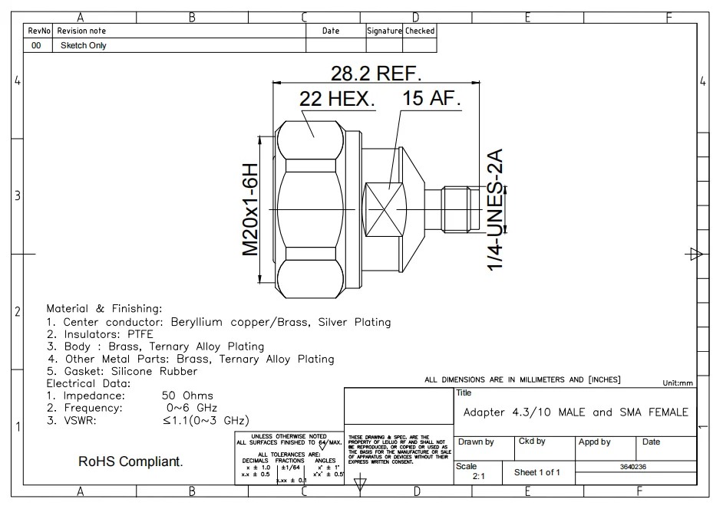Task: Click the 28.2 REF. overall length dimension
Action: coord(376,74)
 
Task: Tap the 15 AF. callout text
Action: coord(431,100)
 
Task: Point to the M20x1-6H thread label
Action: coord(251,209)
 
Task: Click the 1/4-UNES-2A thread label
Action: coord(497,209)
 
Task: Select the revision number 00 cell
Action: coord(35,45)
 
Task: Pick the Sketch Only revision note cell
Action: coord(83,45)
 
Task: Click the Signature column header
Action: coord(384,31)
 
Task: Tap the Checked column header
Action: coord(420,31)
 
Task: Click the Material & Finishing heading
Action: coord(104,308)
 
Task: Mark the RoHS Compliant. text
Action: coord(130,463)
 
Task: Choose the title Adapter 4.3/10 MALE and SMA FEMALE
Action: coord(576,412)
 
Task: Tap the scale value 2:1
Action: coord(478,476)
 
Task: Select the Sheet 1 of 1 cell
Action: coord(537,472)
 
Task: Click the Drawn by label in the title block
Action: coord(476,442)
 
